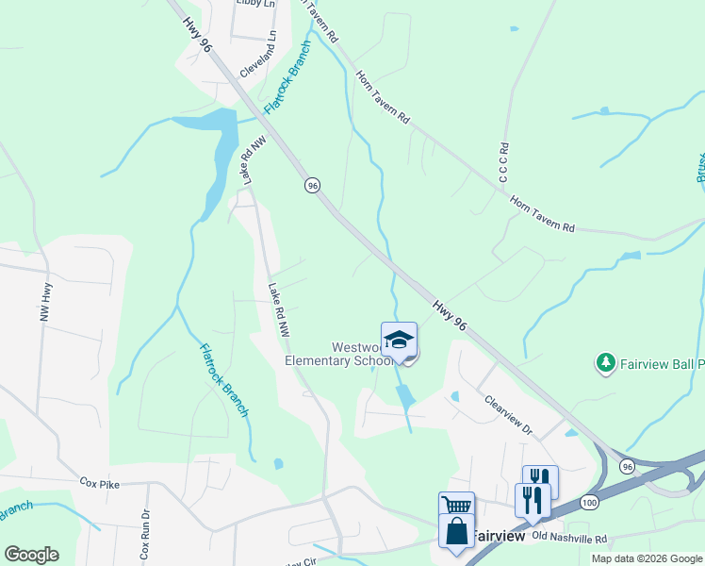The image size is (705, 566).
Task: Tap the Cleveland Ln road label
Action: [x=259, y=55]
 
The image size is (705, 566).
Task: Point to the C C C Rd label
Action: [x=504, y=162]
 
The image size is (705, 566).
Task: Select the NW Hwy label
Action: [x=43, y=304]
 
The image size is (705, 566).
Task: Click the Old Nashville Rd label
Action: [x=569, y=539]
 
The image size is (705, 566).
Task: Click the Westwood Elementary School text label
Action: [x=339, y=354]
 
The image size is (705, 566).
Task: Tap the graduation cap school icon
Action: [x=399, y=340]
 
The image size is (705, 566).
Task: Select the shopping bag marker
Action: [x=456, y=530]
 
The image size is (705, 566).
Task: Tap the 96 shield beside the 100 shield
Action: [x=627, y=465]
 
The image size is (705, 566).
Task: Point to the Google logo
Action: [x=31, y=555]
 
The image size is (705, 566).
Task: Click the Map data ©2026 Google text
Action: [x=646, y=558]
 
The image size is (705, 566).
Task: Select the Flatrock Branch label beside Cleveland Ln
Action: [x=287, y=77]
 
